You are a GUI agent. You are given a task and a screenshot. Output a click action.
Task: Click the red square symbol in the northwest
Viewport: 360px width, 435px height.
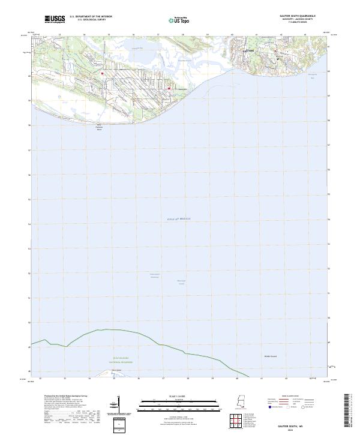(103, 74)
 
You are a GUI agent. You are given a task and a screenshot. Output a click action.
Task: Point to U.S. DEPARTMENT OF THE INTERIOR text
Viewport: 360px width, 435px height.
(91, 16)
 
